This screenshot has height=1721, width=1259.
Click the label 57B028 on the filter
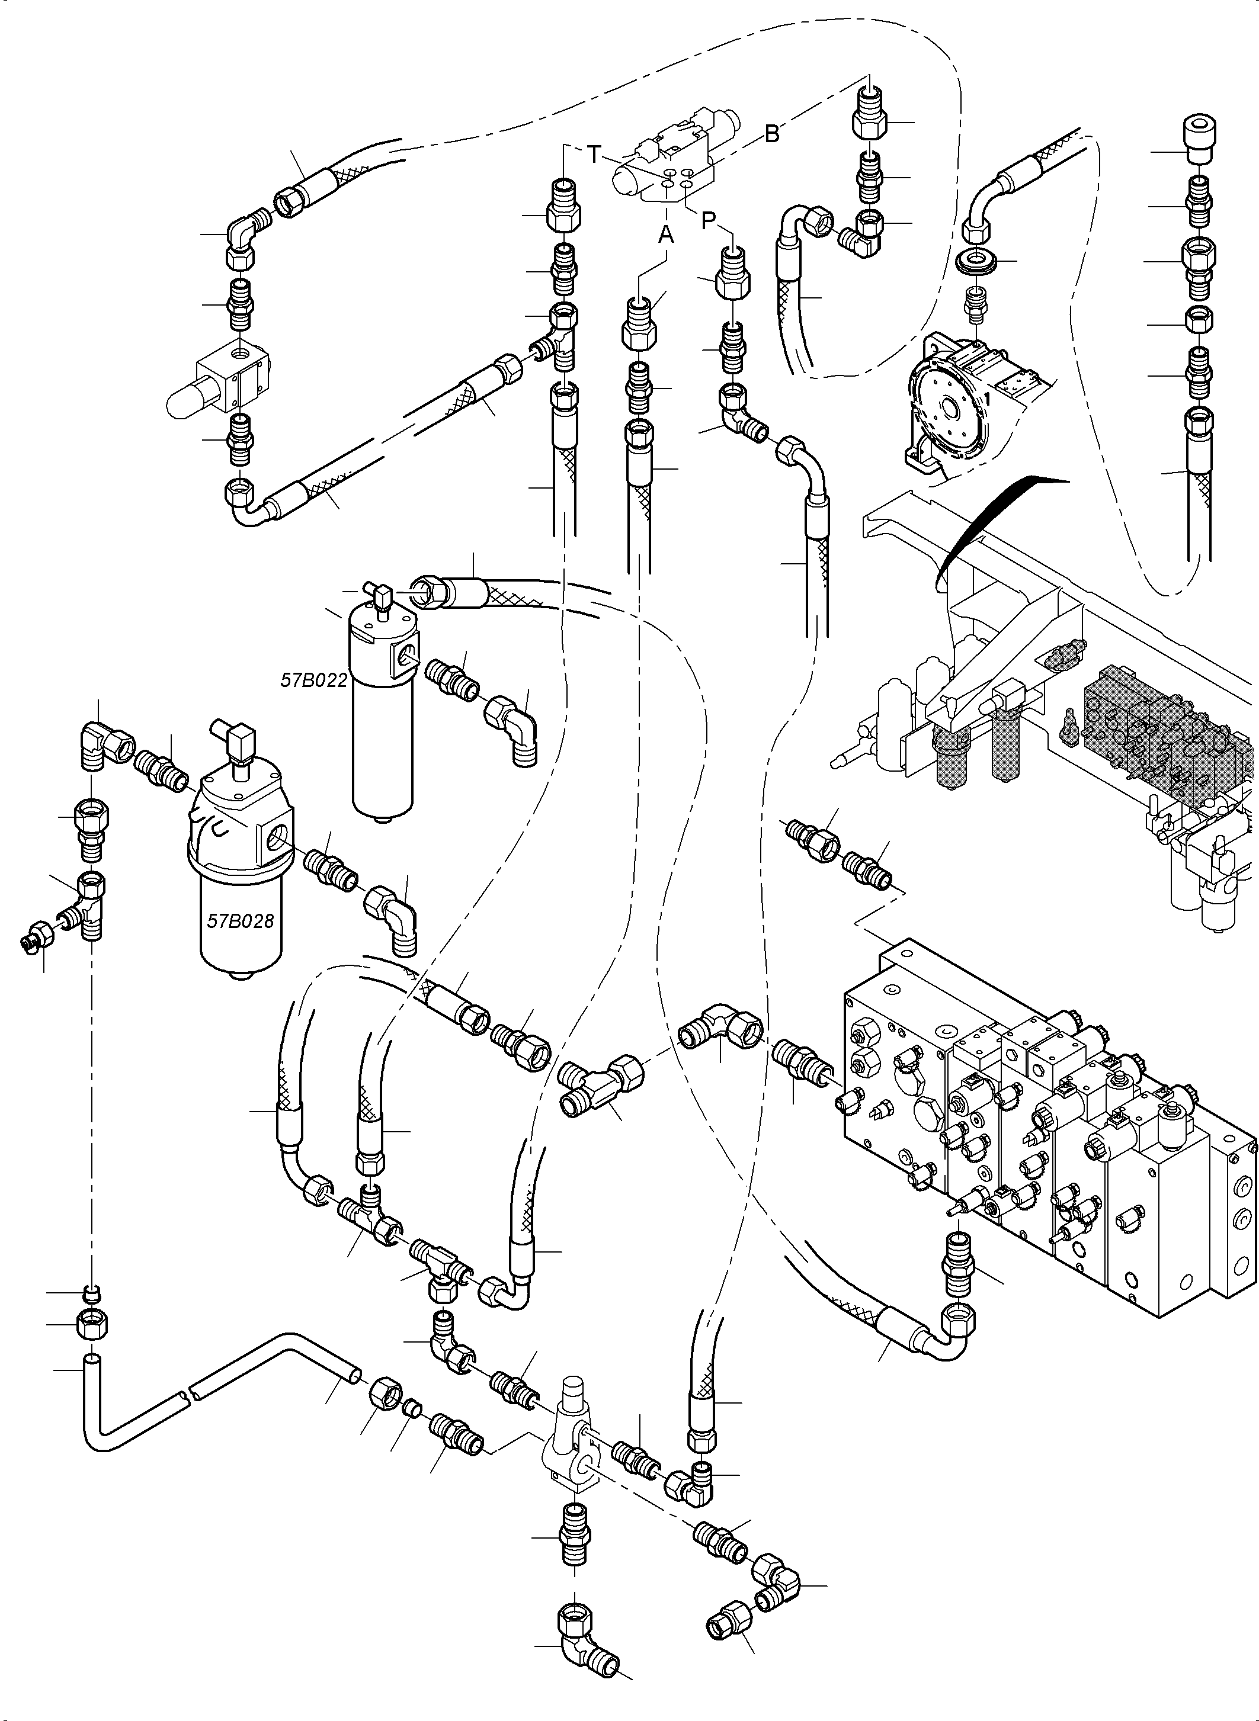coord(240,921)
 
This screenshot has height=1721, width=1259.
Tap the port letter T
coord(594,155)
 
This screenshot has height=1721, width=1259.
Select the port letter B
coord(772,134)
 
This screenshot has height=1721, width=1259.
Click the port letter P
coord(709,221)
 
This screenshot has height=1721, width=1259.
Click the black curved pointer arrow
coord(983,518)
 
